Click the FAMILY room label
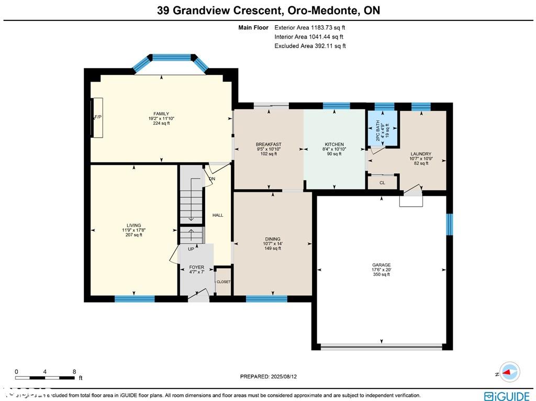[161, 114]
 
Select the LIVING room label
[134, 226]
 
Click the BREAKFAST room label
[269, 144]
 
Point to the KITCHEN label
[334, 144]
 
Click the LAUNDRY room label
[420, 154]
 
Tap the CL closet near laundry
[382, 183]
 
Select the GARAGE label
[382, 265]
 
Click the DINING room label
[272, 239]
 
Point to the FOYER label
[196, 267]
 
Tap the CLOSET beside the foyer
[224, 282]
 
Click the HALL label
[218, 215]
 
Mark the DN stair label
[212, 179]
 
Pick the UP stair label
[191, 249]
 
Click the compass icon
[509, 372]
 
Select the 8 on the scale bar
[75, 371]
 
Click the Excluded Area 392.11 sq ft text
[310, 46]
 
